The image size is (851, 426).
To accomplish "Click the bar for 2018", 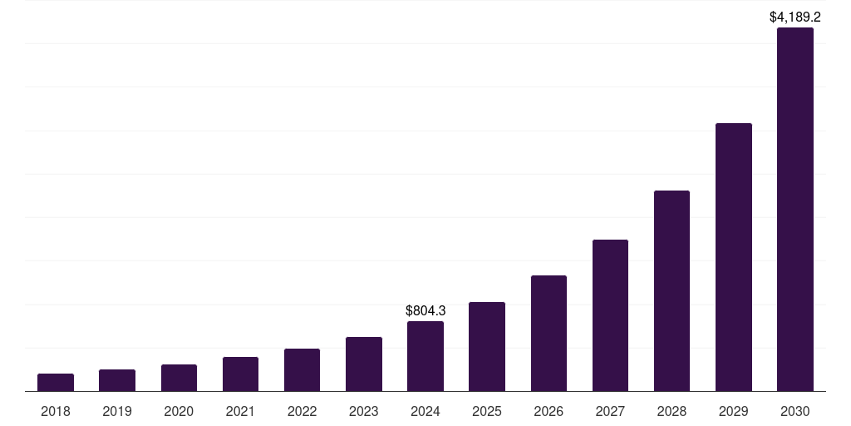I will [x=56, y=382].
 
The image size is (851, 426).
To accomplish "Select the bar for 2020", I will [x=179, y=378].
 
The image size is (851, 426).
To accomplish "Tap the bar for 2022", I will [x=302, y=369].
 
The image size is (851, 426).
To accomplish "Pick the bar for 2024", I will [x=425, y=356].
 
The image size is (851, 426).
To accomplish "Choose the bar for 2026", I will [x=548, y=333].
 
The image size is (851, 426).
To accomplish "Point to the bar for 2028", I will [x=671, y=290].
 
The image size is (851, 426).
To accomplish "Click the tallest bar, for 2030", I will [x=795, y=209].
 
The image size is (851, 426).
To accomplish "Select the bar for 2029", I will [x=734, y=257].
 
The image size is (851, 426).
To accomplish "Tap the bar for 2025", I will [x=487, y=346].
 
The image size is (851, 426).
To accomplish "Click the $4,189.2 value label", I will [x=795, y=17].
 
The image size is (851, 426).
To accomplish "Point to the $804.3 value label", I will [x=425, y=310].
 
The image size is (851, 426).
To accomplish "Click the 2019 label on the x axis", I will [x=117, y=411].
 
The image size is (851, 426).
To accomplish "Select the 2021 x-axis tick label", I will [x=240, y=411].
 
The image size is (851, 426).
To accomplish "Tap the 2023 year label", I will [x=364, y=411].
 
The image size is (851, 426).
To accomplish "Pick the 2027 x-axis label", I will [x=610, y=411].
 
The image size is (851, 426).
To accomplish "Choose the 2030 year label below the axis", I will [x=795, y=411].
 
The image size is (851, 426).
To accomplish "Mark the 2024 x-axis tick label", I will [x=425, y=411].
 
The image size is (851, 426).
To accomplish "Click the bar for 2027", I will [x=610, y=315].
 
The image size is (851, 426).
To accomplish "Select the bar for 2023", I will [x=364, y=364].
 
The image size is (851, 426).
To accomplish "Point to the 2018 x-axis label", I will [x=56, y=411].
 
